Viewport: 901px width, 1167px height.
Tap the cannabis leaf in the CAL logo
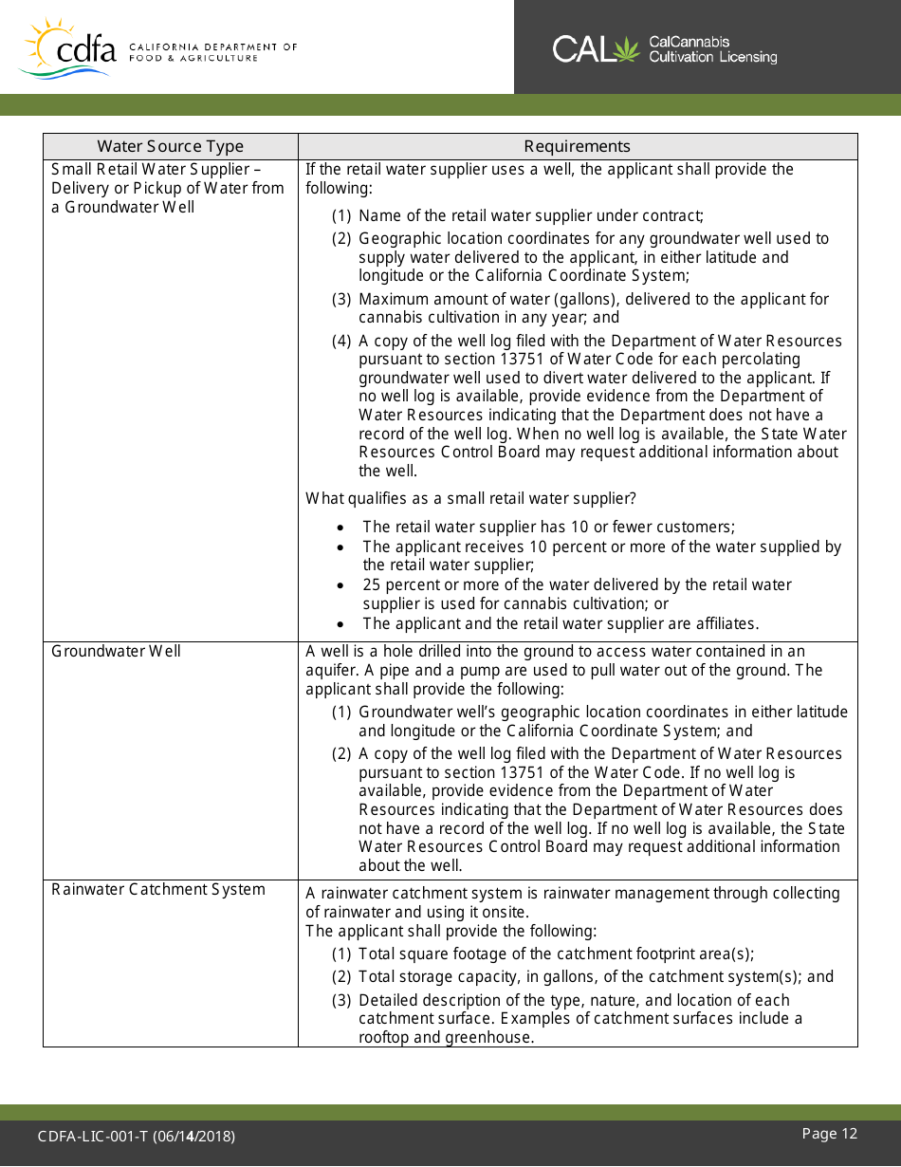pyautogui.click(x=627, y=48)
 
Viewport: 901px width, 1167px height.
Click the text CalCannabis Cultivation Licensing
pyautogui.click(x=712, y=49)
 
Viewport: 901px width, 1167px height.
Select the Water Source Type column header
pyautogui.click(x=171, y=146)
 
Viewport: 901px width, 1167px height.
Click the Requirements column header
pyautogui.click(x=577, y=146)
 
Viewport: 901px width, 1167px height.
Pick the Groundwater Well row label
pyautogui.click(x=116, y=651)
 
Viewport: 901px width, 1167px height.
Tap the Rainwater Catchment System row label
pyautogui.click(x=158, y=889)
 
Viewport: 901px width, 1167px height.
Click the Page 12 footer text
pyautogui.click(x=829, y=1134)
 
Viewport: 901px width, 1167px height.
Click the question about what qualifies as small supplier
pyautogui.click(x=470, y=498)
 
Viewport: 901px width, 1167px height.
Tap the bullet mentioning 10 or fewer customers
pyautogui.click(x=548, y=527)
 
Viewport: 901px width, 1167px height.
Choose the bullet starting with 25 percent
pyautogui.click(x=577, y=594)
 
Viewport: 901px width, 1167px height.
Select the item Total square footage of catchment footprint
pyautogui.click(x=556, y=954)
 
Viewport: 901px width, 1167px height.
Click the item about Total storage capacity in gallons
pyautogui.click(x=596, y=976)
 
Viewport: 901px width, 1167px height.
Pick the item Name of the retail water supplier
pyautogui.click(x=530, y=215)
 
